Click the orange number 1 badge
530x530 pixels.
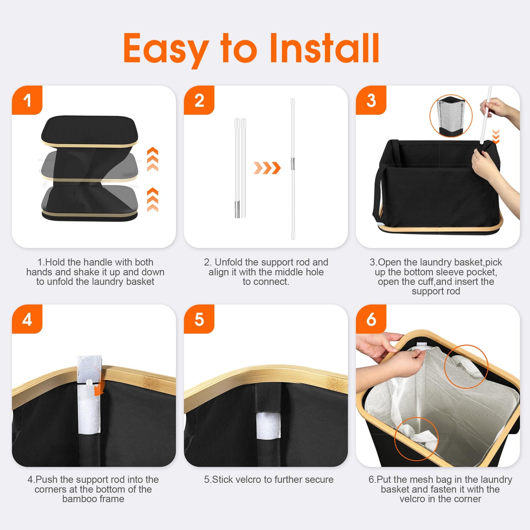point(27,100)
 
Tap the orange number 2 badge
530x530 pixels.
point(199,100)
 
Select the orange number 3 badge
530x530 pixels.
point(371,100)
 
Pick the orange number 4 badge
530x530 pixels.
point(27,319)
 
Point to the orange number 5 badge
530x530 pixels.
point(199,319)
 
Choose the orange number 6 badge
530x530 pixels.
point(371,319)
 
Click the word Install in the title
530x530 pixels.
point(325,48)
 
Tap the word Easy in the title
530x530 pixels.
point(166,51)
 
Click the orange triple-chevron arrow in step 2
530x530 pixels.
point(267,168)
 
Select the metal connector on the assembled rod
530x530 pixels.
point(293,163)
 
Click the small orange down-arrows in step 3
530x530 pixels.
point(496,137)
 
